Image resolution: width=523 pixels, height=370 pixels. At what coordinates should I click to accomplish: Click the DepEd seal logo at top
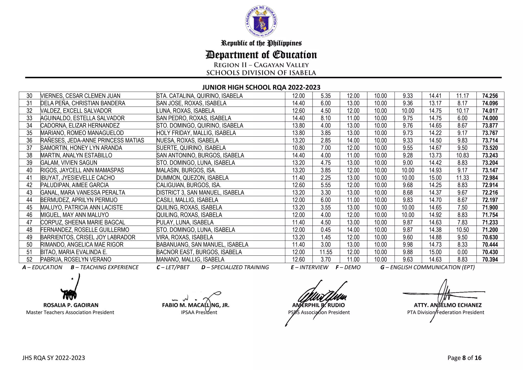pos(261,21)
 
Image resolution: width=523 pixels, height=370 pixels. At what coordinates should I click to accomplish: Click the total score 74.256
pos(490,96)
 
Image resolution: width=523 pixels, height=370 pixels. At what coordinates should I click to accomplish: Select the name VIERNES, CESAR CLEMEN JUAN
pos(80,96)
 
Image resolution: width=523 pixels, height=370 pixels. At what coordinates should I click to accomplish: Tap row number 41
pos(29,178)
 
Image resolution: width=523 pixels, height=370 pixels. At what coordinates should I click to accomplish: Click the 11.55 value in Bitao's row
pos(326,252)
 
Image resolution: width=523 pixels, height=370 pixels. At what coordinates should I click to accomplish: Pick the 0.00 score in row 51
pos(462,252)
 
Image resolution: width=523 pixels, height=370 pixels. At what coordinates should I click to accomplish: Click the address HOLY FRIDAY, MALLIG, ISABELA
pos(196,133)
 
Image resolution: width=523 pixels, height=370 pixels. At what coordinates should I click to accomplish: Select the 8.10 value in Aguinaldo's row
pos(326,118)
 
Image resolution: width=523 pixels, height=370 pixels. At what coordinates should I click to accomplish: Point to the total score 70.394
pos(490,259)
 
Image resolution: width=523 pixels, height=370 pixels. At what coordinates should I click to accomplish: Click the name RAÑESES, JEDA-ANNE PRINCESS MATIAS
pos(92,140)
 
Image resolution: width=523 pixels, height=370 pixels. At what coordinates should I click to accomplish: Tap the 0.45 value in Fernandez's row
pos(326,230)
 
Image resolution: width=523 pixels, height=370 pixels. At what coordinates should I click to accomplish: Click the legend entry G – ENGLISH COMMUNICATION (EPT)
pos(427,267)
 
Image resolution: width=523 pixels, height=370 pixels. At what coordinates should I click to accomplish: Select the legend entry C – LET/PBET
pos(173,267)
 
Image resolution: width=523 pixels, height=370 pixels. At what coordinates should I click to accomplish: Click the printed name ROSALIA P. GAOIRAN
pos(71,305)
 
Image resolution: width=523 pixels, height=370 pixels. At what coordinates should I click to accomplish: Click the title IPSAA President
pos(199,312)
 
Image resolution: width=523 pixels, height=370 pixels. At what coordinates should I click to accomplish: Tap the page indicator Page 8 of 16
pos(464,358)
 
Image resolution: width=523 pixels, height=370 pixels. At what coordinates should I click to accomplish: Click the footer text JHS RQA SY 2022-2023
pos(53,358)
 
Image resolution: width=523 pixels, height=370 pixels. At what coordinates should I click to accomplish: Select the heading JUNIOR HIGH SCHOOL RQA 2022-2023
pos(261,87)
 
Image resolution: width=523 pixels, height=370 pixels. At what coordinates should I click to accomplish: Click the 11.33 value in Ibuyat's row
pos(462,178)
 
